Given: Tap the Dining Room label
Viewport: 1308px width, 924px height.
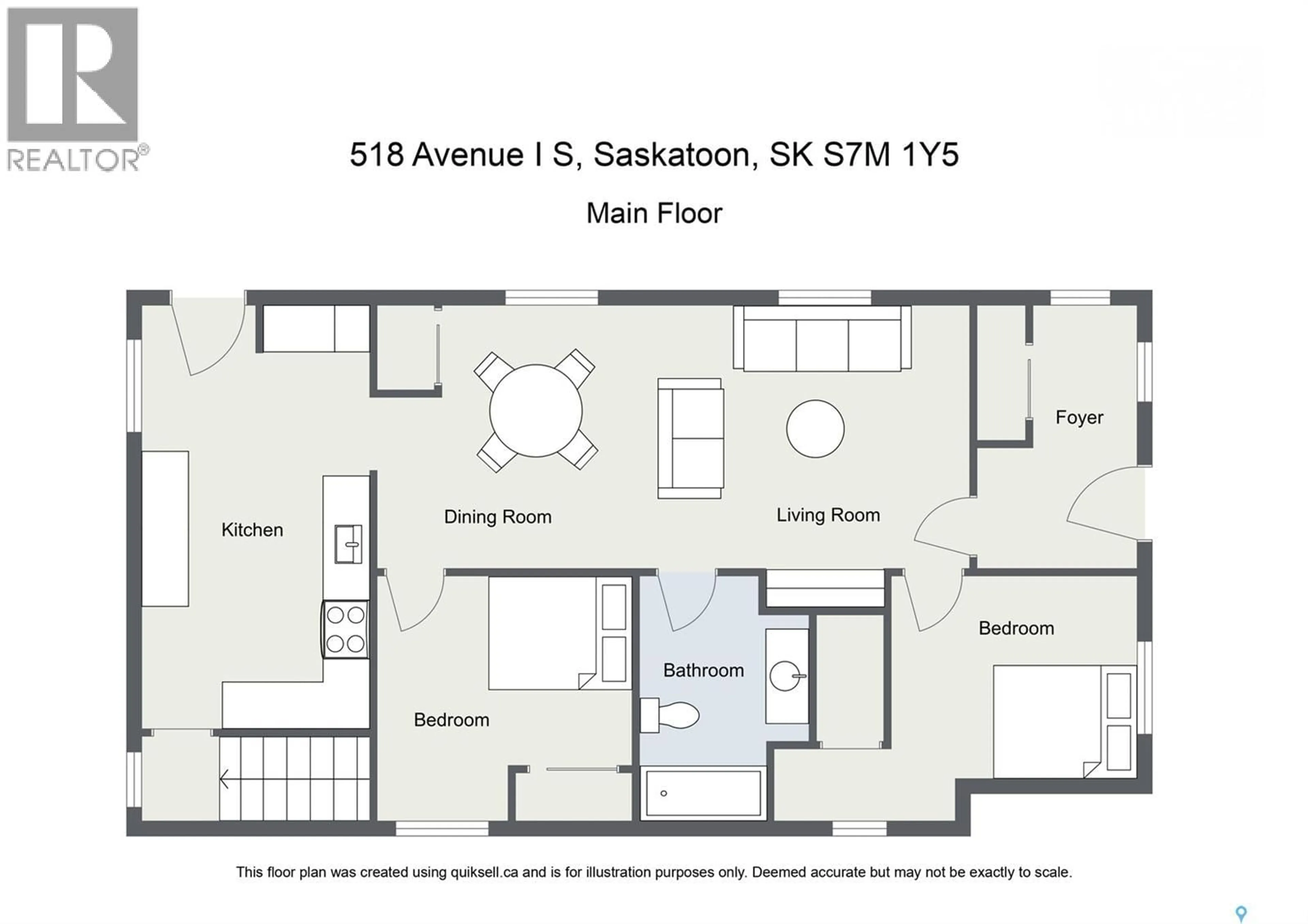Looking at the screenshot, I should point(497,517).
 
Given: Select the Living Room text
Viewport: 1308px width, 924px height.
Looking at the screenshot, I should point(828,515).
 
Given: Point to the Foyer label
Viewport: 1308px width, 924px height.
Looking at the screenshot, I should point(1079,417).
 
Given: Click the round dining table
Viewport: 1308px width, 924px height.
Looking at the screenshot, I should point(535,410).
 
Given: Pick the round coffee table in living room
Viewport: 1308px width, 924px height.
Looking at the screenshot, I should point(815,428).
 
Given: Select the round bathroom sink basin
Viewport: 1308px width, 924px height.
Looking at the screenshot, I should point(784,676).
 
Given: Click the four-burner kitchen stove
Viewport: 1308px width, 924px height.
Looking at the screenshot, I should point(345,630).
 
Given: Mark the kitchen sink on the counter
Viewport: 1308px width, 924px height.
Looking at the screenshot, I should point(347,544).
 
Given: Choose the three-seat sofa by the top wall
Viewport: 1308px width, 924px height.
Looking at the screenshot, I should point(822,340).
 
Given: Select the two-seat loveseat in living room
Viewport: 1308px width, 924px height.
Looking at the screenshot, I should point(690,438).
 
